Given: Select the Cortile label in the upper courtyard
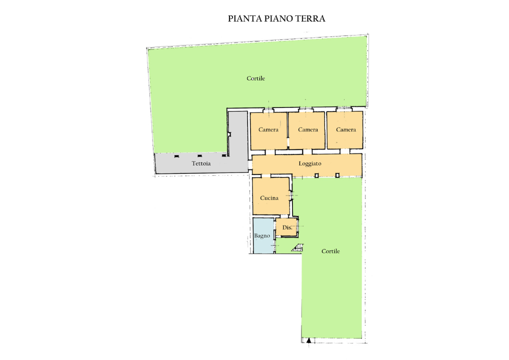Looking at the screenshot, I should [x=255, y=78].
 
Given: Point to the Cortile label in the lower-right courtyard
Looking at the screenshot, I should [x=330, y=251].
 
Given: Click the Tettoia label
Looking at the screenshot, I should [x=201, y=164].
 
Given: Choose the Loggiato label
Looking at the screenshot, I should [x=310, y=164].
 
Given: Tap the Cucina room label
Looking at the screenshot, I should [x=269, y=198].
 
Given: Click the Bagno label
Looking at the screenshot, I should [x=262, y=235].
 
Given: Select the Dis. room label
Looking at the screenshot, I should [x=287, y=227].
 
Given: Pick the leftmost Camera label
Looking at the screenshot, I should [x=268, y=129].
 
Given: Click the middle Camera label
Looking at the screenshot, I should [x=308, y=129].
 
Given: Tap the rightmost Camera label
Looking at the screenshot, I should [x=346, y=129].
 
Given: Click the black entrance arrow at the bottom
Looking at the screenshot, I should [x=309, y=341].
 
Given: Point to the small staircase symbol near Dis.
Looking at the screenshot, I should [x=298, y=247].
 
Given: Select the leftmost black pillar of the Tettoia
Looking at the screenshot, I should [x=175, y=156].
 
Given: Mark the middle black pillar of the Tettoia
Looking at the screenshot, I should [x=199, y=156].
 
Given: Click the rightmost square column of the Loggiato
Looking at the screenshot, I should [x=337, y=174].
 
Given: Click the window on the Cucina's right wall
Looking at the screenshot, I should [x=290, y=197].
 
